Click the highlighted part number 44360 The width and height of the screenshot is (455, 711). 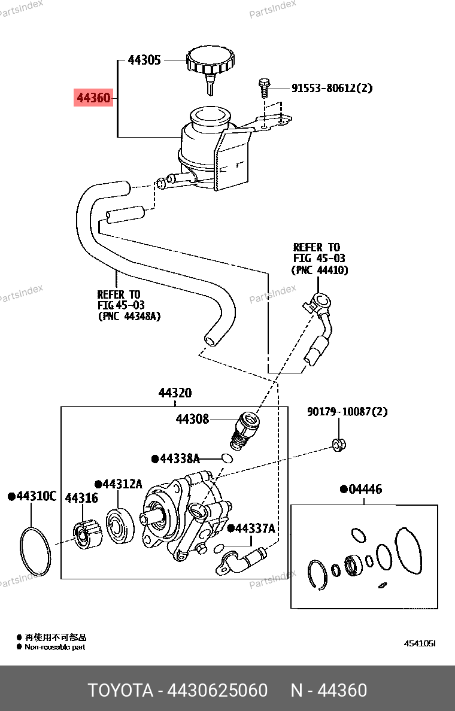tap(93, 98)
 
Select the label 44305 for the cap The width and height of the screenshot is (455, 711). tap(144, 60)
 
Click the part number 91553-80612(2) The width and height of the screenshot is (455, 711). tap(332, 88)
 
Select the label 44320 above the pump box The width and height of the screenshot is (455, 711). tap(175, 393)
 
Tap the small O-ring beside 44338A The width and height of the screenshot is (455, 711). tap(227, 458)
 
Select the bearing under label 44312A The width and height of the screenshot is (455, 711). tap(120, 526)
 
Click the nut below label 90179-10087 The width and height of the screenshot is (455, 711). tap(339, 445)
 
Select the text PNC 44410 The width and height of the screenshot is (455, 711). tap(320, 271)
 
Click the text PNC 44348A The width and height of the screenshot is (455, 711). tap(129, 316)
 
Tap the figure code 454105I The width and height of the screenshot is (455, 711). tap(420, 643)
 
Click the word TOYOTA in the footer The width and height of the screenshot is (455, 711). tap(120, 690)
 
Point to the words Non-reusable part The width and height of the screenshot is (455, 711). tap(55, 647)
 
